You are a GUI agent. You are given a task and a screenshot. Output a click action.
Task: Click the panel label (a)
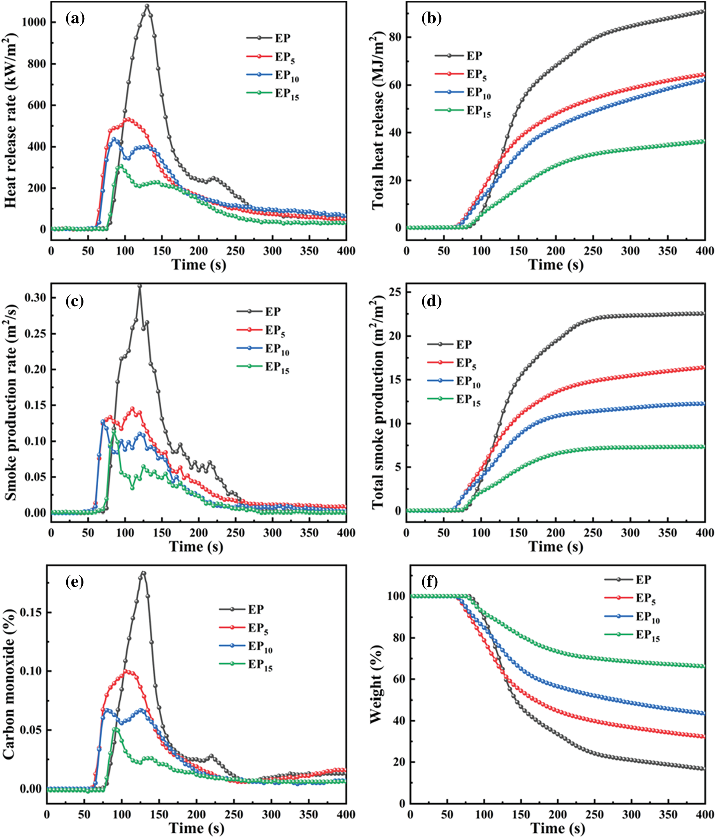75,19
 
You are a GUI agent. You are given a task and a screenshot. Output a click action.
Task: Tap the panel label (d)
431,301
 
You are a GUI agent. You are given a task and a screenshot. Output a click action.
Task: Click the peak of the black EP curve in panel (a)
147,6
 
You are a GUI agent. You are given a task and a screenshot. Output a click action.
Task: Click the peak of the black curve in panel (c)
140,286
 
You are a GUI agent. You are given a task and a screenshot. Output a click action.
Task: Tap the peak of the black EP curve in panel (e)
143,573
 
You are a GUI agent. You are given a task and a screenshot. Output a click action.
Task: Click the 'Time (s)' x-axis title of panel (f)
558,828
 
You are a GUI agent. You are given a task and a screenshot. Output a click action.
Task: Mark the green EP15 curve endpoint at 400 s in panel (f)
703,667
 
